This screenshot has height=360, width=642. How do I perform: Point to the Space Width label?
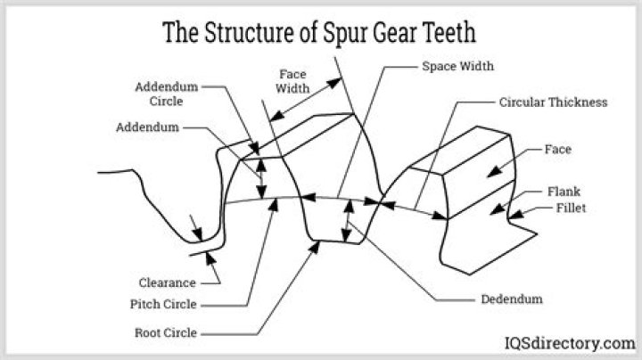point(457,67)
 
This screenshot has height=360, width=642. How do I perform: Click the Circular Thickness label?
point(553,102)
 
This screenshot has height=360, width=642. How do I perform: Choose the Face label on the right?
point(558,150)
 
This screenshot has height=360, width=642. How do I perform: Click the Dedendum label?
point(511,299)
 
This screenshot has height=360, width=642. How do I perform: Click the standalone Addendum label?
point(147,127)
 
